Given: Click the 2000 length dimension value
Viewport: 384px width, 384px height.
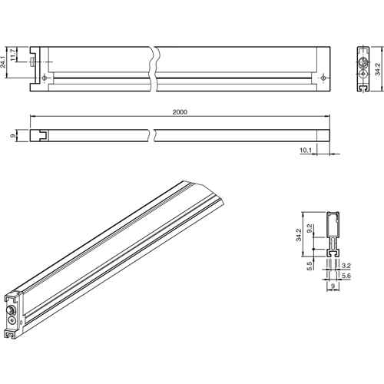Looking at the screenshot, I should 180,112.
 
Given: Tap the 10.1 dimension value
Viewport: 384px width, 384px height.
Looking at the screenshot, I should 305,151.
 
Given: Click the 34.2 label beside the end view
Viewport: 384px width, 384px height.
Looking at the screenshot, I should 377,68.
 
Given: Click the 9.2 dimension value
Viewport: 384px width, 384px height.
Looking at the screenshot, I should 310,228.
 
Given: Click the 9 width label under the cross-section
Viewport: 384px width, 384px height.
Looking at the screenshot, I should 333,286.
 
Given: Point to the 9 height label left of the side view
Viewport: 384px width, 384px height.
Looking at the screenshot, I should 13,136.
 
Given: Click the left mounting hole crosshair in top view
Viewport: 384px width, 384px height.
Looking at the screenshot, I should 47,78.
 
